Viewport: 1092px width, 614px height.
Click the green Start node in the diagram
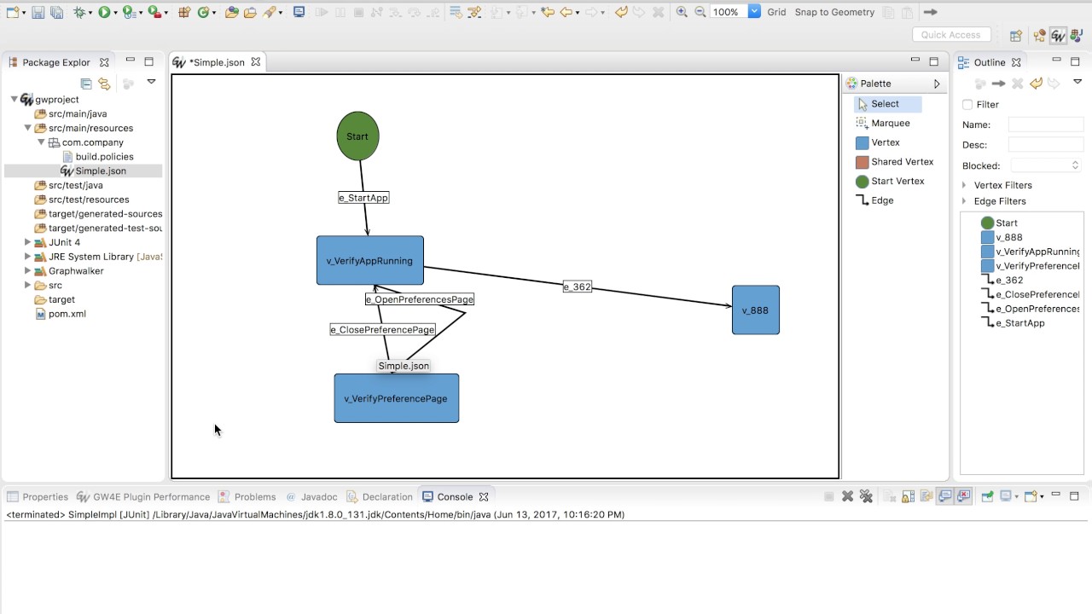357,136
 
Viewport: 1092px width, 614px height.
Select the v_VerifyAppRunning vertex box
369,261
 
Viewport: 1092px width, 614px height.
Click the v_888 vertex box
755,310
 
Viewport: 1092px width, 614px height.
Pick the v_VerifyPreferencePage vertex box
396,398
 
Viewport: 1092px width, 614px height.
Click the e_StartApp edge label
363,198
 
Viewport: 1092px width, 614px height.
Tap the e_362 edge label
578,287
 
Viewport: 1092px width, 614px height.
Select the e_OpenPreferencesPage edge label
420,299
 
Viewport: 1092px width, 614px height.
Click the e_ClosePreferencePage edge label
382,330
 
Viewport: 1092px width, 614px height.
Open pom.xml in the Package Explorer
67,314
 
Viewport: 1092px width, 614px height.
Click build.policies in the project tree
104,157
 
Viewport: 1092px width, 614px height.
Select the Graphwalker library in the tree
76,271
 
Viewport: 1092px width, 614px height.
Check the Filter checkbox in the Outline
967,105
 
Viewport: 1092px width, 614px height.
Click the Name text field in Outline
1045,125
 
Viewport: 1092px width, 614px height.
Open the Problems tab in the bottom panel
254,497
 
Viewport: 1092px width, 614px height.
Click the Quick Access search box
951,35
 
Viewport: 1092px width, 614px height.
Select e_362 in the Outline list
1009,281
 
